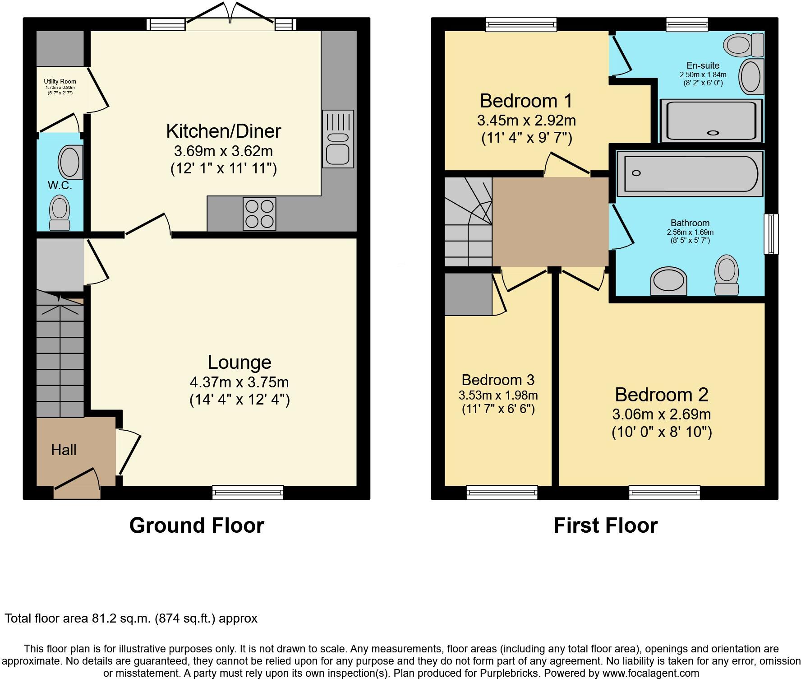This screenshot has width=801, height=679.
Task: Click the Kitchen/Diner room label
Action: coord(223,131)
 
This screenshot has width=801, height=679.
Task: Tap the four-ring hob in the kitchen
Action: coord(259,214)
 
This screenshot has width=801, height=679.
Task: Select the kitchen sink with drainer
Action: coord(338,137)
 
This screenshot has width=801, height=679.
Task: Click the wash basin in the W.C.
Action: coord(70,162)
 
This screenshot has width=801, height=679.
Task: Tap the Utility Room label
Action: coord(60,82)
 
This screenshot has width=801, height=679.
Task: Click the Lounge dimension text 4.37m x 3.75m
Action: coord(239,382)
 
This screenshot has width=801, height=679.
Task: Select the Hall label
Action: coord(64,450)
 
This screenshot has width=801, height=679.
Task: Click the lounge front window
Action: coord(248,492)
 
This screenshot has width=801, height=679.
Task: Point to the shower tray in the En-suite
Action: coord(711,120)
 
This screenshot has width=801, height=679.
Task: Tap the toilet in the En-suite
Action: coord(743,45)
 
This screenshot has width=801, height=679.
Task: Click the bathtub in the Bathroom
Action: coord(690,174)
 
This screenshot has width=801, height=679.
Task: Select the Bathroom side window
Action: coord(771,234)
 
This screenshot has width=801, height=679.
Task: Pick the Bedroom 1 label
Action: coord(526,101)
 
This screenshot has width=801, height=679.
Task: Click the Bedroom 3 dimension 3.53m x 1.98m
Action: coord(498,395)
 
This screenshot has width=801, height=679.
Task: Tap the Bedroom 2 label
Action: coord(661,395)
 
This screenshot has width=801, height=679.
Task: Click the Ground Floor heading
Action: coord(197,526)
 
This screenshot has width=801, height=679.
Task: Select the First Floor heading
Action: coord(605,526)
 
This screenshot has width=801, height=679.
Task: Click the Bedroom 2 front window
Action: coord(664,492)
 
